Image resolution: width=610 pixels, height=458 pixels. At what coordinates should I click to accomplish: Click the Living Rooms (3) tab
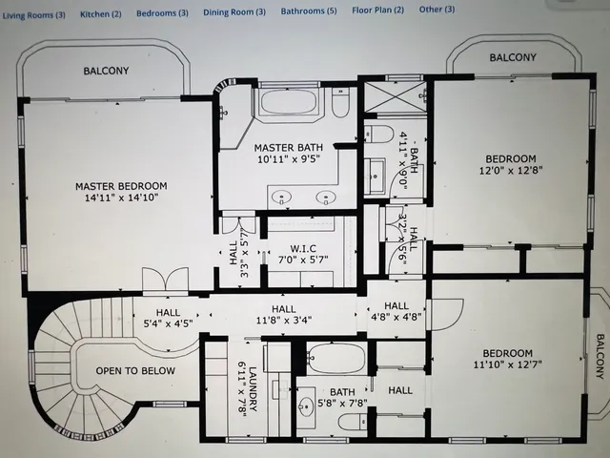tap(33, 15)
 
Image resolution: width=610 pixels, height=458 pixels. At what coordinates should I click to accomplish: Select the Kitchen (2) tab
tap(100, 14)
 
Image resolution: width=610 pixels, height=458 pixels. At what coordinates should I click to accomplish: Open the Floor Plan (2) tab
tap(377, 10)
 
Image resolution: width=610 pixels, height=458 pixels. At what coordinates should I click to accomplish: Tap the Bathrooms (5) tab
tap(309, 11)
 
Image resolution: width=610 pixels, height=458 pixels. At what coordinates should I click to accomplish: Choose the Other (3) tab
tap(437, 10)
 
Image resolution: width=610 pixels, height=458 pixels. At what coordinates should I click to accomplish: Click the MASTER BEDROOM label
tap(122, 186)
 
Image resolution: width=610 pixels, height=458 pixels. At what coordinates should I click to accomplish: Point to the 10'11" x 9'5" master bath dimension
tap(289, 160)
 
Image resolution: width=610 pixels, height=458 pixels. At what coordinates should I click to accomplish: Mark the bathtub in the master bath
tap(289, 103)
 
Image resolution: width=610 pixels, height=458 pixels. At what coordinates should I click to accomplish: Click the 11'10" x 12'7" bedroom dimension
tap(511, 364)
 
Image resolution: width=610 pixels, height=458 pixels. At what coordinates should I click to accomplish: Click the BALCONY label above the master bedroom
tap(106, 72)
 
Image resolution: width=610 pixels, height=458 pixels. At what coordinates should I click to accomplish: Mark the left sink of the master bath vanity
tap(281, 198)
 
